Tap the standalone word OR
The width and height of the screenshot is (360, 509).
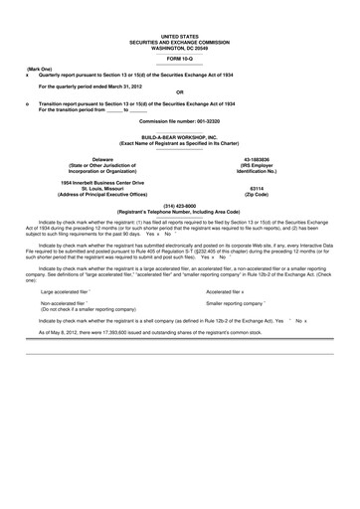point(179,94)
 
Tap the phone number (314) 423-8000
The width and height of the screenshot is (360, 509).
point(180,203)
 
